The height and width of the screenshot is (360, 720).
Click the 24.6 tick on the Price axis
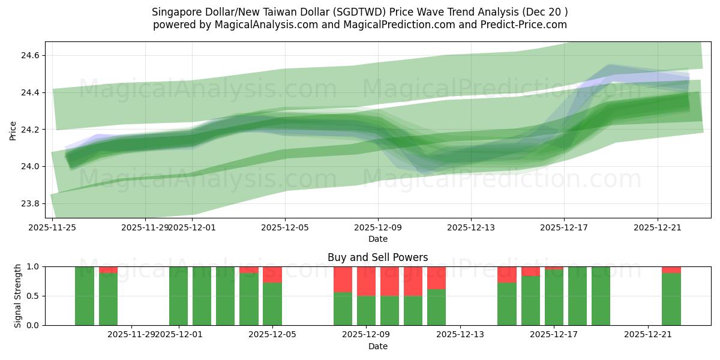(x=31, y=55)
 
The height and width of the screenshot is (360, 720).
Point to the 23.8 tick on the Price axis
(x=31, y=203)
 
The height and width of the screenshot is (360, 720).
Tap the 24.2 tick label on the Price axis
(x=31, y=130)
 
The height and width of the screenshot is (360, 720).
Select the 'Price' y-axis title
(x=13, y=130)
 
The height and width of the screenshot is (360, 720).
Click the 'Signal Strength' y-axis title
(x=18, y=295)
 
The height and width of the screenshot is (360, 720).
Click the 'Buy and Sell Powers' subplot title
(x=378, y=257)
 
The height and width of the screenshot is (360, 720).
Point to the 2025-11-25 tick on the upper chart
(x=53, y=227)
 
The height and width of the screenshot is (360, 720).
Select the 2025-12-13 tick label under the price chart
(x=471, y=227)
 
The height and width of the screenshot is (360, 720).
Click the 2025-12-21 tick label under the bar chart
(x=648, y=334)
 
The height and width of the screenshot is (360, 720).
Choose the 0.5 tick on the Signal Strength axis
(x=31, y=296)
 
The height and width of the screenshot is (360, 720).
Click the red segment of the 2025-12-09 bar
(x=366, y=281)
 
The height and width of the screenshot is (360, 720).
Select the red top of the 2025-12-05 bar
(x=272, y=275)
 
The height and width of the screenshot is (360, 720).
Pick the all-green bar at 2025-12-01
(x=179, y=296)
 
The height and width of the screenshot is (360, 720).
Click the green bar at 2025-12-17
(x=554, y=297)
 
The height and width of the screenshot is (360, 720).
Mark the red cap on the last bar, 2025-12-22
(x=671, y=270)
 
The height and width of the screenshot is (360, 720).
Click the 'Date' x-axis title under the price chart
(x=378, y=239)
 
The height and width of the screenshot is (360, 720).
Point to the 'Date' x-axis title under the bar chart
(x=378, y=346)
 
